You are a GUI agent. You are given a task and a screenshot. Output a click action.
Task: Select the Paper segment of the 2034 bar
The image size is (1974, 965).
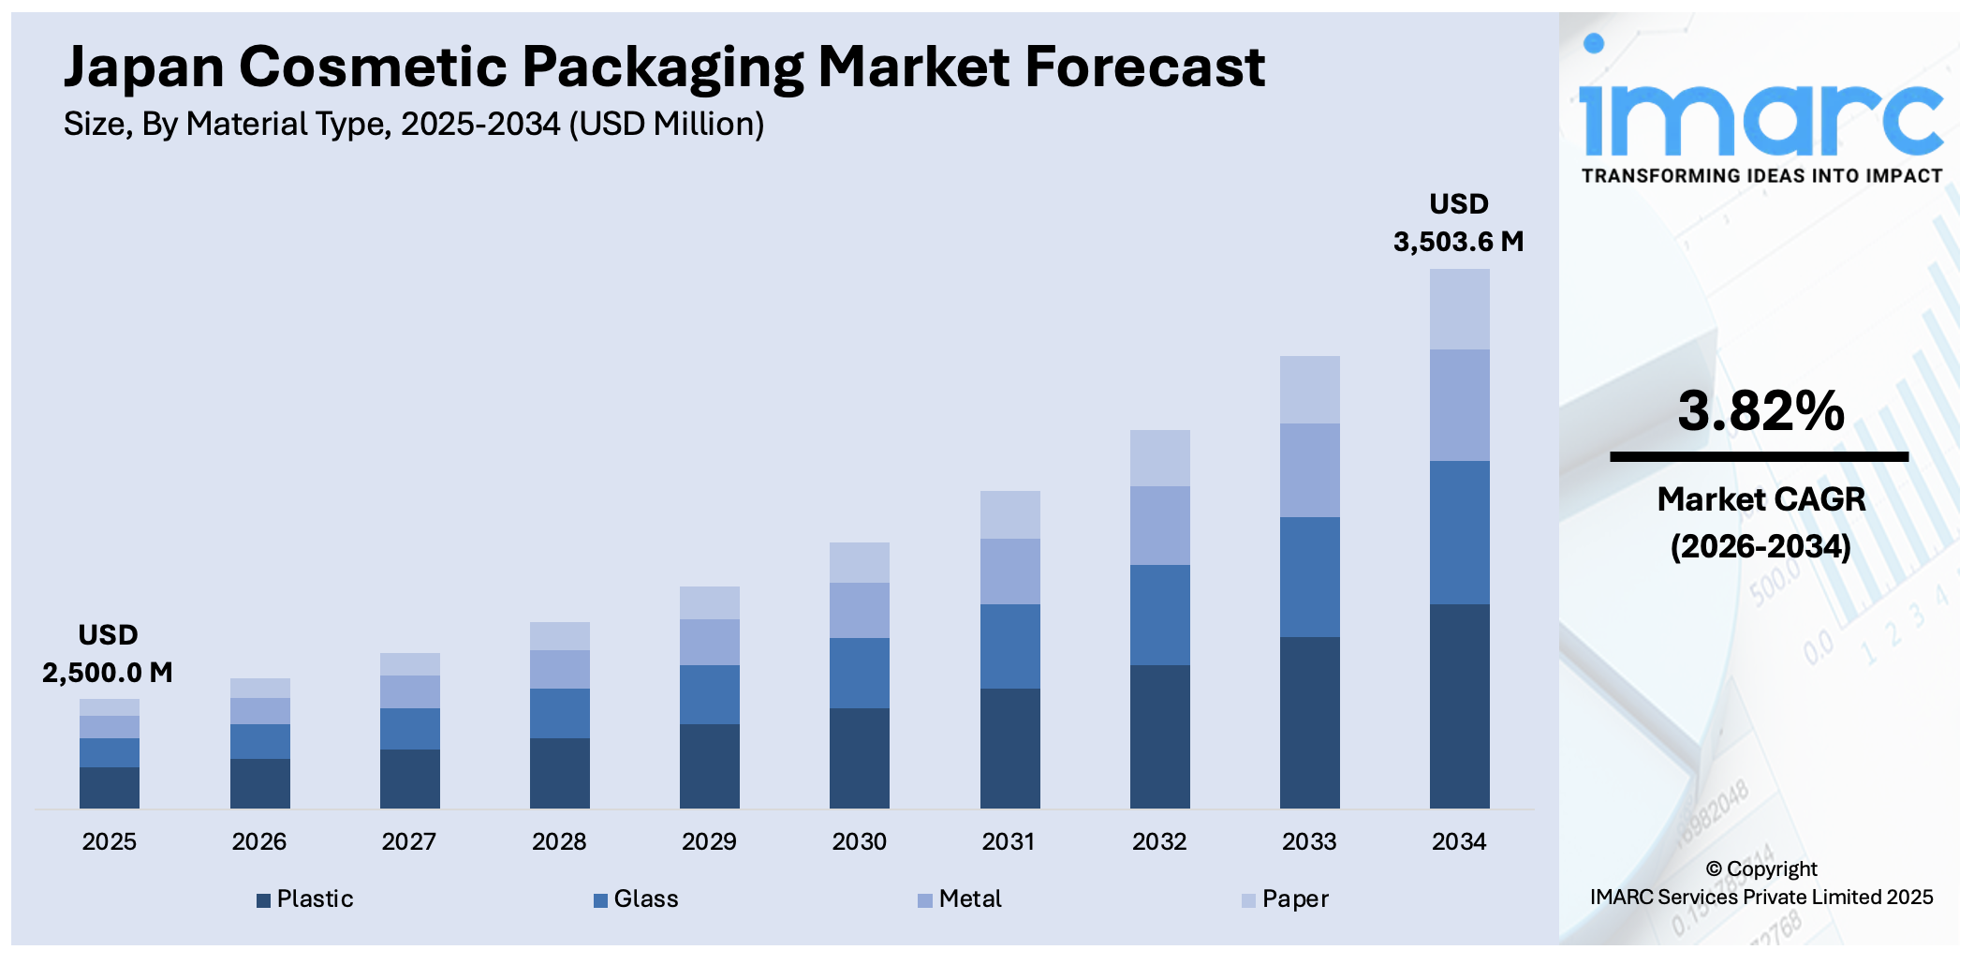point(1459,309)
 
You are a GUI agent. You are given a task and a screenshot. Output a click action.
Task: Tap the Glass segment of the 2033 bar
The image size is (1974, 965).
point(1309,577)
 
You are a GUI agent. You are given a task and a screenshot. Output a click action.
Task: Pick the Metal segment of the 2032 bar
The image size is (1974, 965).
point(1159,526)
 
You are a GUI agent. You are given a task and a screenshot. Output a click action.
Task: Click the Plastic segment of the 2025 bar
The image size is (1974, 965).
point(110,787)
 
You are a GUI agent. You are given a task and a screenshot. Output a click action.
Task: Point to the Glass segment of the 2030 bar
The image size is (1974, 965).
point(860,673)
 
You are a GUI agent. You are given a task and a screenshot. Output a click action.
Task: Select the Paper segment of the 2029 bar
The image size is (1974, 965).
point(709,602)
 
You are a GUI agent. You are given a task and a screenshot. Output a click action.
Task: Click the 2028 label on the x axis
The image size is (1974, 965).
point(559,841)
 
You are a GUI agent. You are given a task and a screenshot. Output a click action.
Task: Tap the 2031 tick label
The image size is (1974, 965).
point(1009,841)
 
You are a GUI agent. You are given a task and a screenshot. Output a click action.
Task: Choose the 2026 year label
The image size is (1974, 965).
point(259,841)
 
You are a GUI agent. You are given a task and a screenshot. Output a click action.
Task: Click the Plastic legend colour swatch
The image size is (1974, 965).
point(264,900)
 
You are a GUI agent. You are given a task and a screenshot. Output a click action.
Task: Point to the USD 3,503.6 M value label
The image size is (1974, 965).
point(1458,223)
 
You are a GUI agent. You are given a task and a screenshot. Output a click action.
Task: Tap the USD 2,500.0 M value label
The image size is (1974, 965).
point(108,654)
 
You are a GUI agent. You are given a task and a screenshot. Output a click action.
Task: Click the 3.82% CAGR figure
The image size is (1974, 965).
point(1760,410)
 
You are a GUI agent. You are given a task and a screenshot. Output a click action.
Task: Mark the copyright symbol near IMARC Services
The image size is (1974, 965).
point(1714,869)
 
